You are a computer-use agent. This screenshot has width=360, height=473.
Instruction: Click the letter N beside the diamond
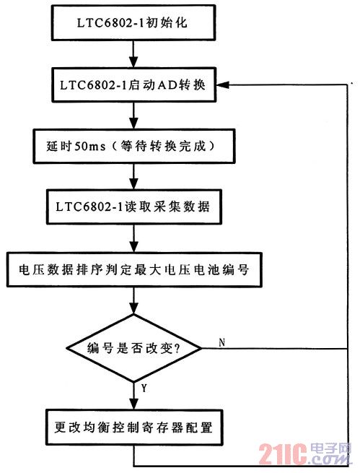[222, 342]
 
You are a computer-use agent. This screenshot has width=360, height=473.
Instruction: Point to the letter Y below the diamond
[144, 389]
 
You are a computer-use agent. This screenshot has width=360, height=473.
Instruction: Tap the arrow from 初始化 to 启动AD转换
[133, 54]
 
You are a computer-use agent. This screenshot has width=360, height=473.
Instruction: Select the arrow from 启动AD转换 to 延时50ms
[133, 116]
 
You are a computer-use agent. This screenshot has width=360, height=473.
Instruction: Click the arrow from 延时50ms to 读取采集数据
[133, 176]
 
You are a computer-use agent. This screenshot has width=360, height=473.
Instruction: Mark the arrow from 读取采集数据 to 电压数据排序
[133, 238]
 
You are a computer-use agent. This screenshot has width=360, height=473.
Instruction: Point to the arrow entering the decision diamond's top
[133, 300]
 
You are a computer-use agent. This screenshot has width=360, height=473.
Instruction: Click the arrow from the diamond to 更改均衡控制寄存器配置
[133, 396]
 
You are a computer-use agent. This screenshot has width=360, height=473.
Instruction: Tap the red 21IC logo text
[282, 454]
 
